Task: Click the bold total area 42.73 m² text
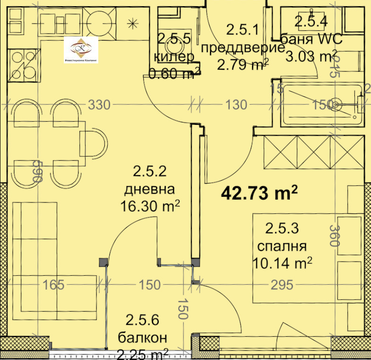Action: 259,193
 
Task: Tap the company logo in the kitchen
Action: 81,51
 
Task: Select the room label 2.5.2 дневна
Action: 149,189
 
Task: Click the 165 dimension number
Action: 53,285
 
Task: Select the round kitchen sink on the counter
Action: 100,21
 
